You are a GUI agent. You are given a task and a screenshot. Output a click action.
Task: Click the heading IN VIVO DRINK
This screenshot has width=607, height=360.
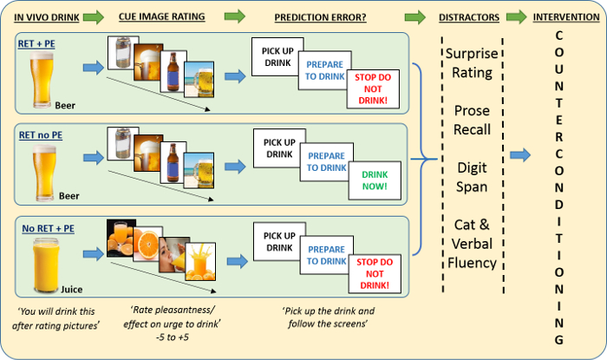(47, 17)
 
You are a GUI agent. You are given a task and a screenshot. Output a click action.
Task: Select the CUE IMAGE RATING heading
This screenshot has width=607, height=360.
(162, 16)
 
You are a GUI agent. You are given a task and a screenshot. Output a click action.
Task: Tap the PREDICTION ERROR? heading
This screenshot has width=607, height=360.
(320, 17)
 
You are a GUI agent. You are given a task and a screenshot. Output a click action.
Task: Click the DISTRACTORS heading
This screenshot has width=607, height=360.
(469, 17)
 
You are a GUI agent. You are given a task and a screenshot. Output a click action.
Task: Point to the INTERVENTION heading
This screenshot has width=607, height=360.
(566, 17)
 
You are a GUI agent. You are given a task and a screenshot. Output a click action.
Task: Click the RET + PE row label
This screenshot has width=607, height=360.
(36, 43)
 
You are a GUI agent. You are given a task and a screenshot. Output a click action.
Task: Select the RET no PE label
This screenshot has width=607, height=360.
(41, 135)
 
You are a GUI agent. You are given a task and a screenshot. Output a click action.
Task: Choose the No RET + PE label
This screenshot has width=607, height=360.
(48, 228)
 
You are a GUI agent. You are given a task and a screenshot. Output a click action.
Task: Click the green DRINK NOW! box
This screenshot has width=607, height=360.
(375, 180)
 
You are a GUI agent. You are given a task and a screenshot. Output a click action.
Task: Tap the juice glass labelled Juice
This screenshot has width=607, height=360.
(46, 266)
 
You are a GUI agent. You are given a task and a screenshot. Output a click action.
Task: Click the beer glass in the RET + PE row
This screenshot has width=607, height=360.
(42, 79)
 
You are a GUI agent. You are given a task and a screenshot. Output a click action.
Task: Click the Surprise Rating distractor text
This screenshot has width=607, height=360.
(472, 62)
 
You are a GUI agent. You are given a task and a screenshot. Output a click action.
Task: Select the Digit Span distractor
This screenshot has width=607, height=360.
(472, 177)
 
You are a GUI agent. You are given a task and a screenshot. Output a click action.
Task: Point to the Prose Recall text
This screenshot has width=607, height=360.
(472, 120)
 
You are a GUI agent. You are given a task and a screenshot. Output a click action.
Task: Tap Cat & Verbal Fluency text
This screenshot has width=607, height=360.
(472, 244)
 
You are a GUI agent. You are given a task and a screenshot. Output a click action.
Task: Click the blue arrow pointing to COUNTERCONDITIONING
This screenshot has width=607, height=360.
(520, 154)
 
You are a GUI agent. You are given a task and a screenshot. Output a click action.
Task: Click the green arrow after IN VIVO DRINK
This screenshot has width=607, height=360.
(94, 17)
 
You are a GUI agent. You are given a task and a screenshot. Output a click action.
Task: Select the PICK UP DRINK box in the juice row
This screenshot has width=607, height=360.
(278, 241)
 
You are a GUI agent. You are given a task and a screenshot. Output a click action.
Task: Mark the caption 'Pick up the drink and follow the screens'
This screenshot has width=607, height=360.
(329, 317)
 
